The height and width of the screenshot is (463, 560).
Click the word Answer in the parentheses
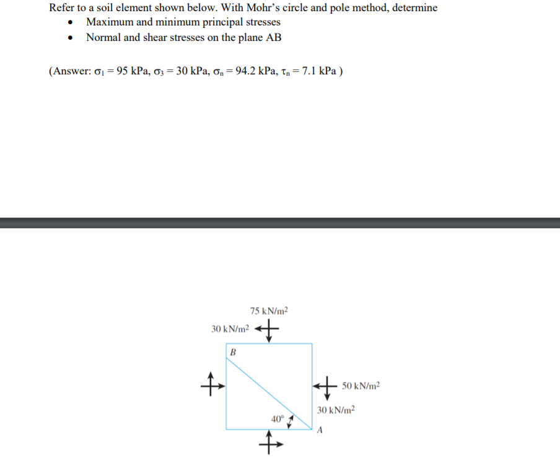point(71,70)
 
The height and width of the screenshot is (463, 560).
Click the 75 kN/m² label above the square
point(269,311)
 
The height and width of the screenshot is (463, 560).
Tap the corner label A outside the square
point(320,431)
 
